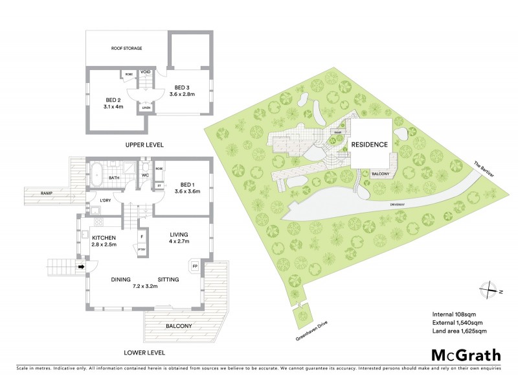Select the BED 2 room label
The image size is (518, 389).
click(x=114, y=103)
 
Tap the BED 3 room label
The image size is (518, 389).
click(x=182, y=91)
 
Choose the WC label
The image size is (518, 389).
click(x=146, y=175)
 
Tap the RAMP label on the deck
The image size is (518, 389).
click(x=47, y=194)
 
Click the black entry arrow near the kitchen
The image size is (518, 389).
click(x=82, y=266)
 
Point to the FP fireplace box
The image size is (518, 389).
click(x=194, y=266)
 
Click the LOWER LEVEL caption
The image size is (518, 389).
click(x=146, y=353)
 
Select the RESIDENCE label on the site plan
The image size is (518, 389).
click(x=370, y=145)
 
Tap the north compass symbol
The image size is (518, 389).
click(x=490, y=291)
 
